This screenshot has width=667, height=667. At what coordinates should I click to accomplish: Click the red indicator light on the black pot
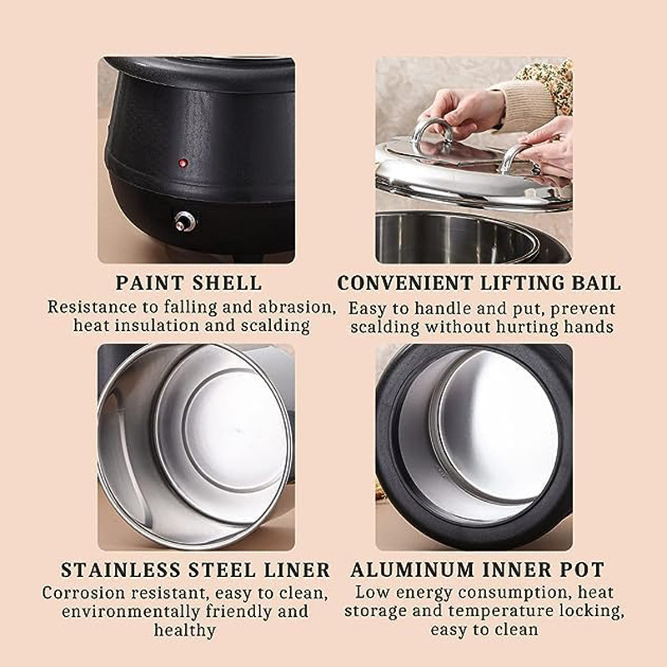point(183,163)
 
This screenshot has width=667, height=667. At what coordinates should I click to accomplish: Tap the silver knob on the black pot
point(185,221)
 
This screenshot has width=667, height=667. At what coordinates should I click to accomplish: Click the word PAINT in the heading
point(149,283)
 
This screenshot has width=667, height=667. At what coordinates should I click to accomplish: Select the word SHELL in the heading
point(227,283)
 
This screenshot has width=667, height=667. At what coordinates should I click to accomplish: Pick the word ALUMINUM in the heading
point(412,570)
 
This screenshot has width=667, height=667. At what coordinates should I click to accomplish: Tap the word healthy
point(184,630)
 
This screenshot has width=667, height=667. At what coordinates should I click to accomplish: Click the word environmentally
point(131,611)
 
